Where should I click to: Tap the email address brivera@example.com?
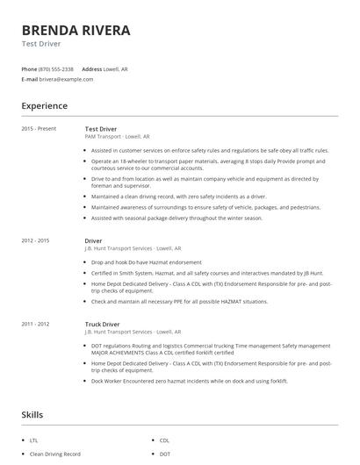click(x=66, y=79)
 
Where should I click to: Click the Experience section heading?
click(x=44, y=106)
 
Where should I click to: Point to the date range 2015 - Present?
click(x=39, y=129)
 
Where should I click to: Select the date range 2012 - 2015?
click(x=36, y=240)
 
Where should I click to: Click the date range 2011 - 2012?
click(x=36, y=324)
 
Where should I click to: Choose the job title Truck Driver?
click(x=102, y=324)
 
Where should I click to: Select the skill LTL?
click(x=34, y=440)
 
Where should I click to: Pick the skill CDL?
click(x=164, y=440)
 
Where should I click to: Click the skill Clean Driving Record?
click(x=54, y=454)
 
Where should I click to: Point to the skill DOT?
click(x=164, y=454)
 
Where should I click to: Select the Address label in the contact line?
click(x=92, y=68)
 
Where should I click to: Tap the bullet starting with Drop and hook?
click(x=146, y=261)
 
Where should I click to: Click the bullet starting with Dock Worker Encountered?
click(x=189, y=381)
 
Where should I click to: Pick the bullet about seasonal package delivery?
click(x=176, y=218)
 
